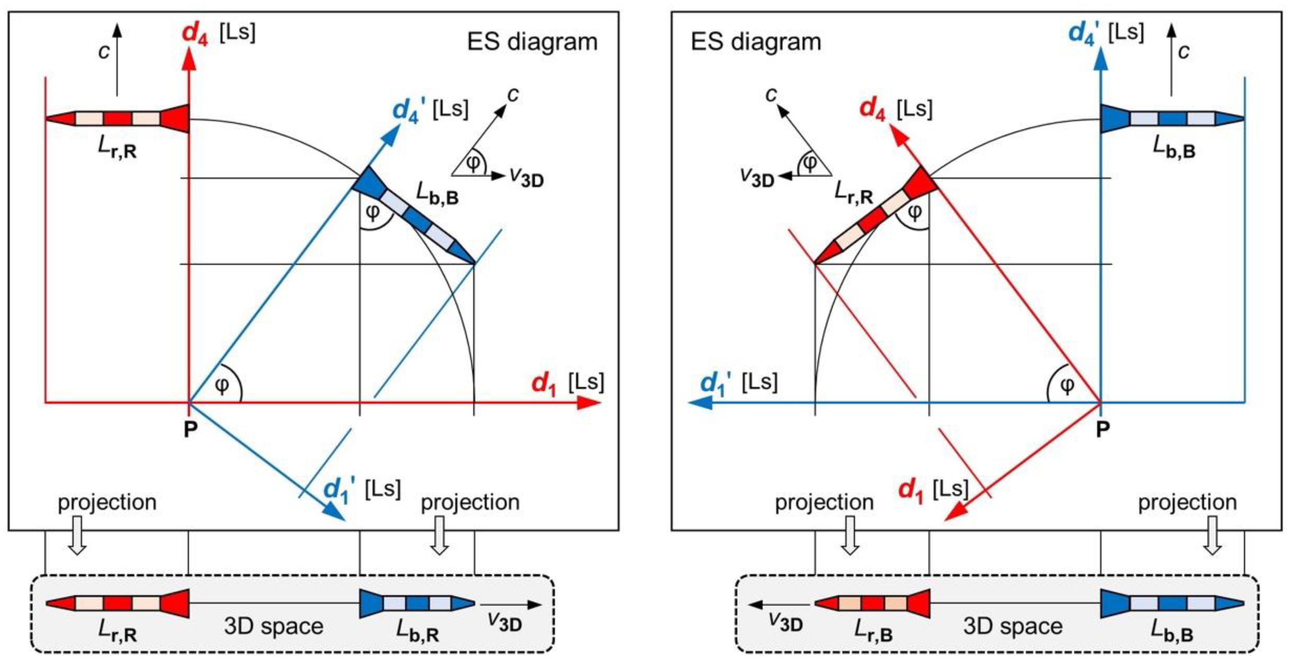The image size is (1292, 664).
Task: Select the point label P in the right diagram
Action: click(1102, 429)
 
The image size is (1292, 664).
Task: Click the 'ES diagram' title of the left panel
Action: click(532, 42)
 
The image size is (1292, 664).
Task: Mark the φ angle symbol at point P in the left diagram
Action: click(222, 385)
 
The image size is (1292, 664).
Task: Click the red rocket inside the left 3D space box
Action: click(117, 603)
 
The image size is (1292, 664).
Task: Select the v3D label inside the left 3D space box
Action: click(505, 622)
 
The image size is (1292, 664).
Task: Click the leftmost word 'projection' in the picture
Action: click(107, 502)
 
